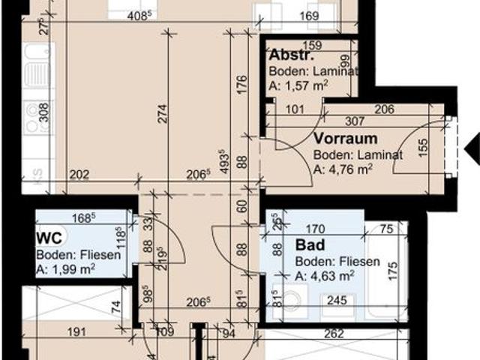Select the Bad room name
tap(309, 245)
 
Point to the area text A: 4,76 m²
tap(343, 169)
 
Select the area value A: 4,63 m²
tap(324, 276)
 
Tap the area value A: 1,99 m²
tap(65, 268)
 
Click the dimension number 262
tap(334, 334)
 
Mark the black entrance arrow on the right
tap(472, 149)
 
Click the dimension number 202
tap(79, 176)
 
